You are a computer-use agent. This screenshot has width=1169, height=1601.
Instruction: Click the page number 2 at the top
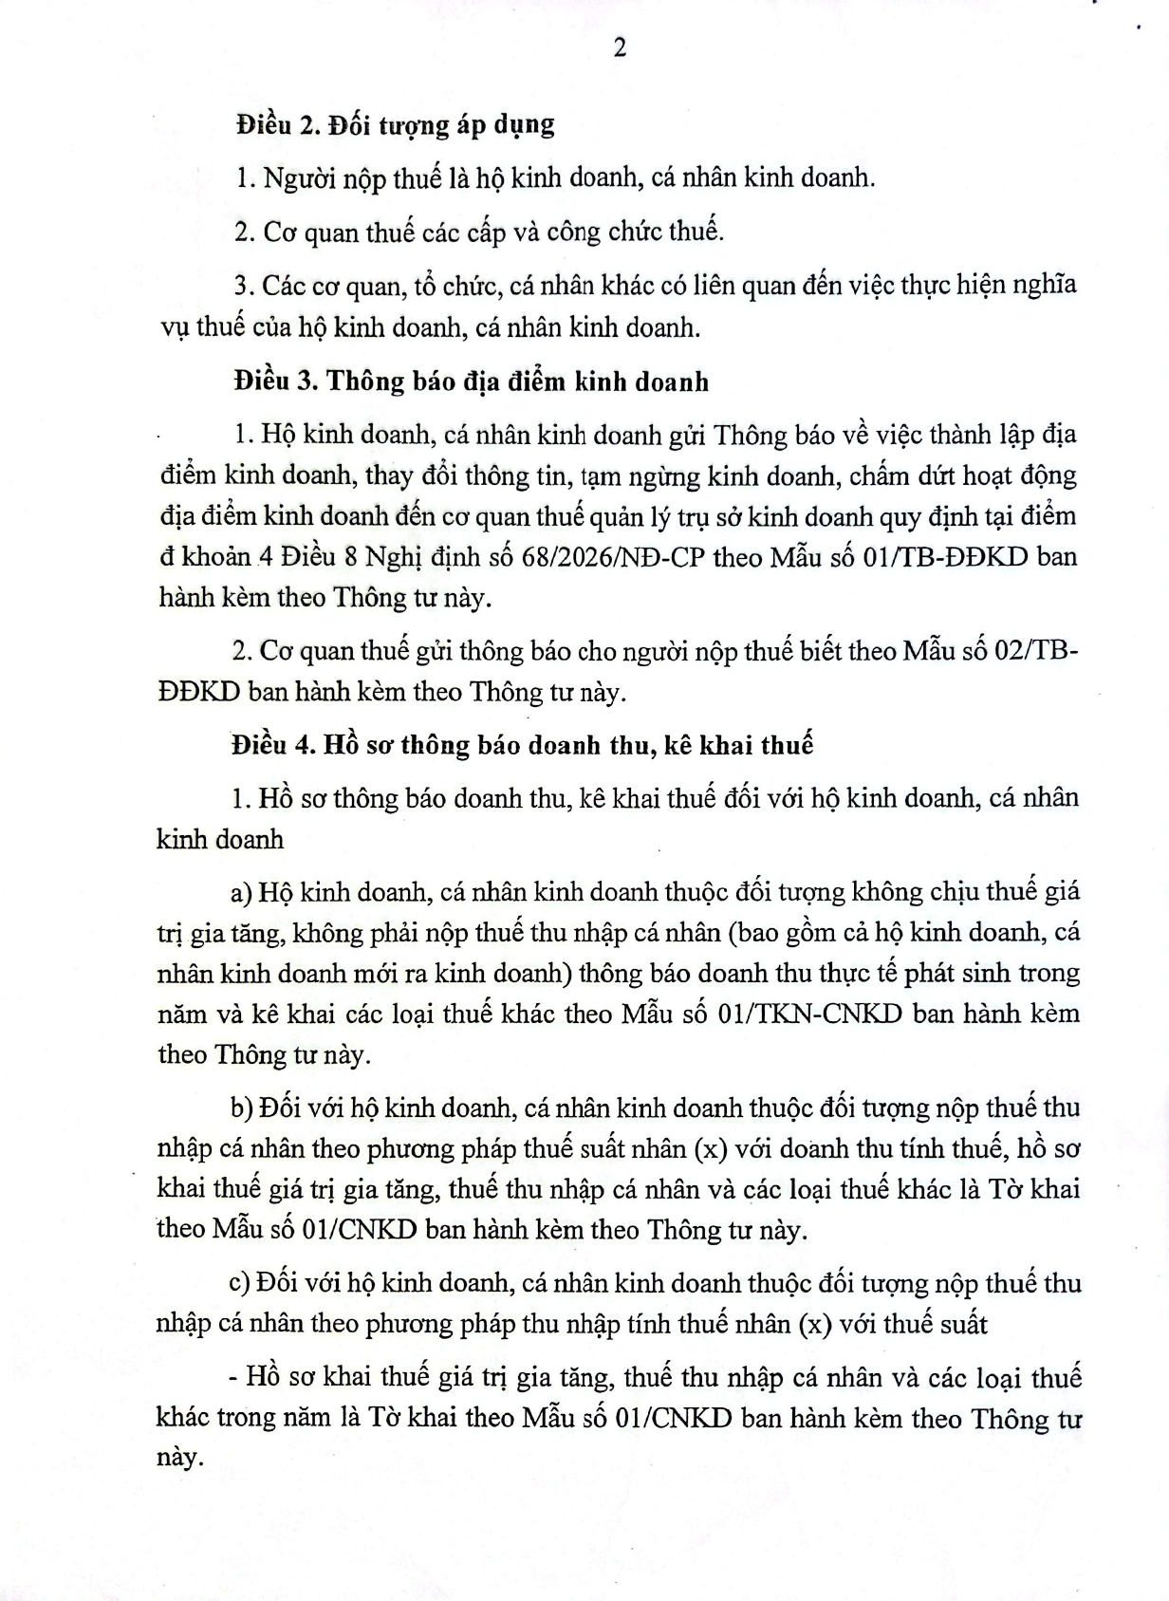coord(621,49)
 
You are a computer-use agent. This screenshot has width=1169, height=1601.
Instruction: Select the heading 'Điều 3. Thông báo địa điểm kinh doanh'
coord(472,382)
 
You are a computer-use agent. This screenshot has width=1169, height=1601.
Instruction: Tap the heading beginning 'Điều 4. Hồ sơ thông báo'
coord(522,744)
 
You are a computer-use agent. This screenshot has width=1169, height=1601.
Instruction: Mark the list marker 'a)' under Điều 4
coord(240,892)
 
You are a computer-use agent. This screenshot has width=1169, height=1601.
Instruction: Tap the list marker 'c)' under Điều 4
coord(240,1283)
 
